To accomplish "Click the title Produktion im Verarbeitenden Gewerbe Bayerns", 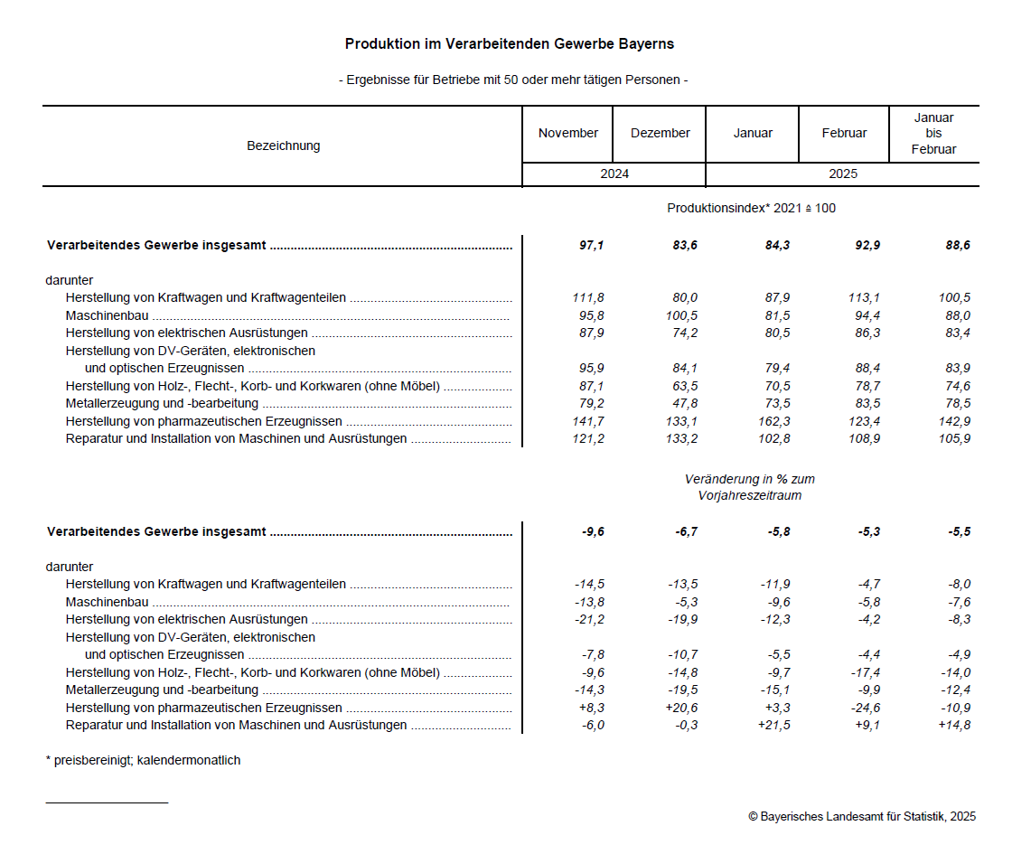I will coord(510,43).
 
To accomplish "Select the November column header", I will coord(567,133).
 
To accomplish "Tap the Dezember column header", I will coord(660,133).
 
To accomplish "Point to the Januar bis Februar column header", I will coord(933,134).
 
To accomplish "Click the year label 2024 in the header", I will coord(614,174).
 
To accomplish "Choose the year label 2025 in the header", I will coord(842,174).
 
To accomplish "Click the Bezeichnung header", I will coord(283,145).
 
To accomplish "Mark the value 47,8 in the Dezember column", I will coord(681,403).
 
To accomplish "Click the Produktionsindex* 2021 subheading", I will coord(751,208).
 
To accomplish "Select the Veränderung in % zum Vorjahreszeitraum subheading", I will coord(749,487).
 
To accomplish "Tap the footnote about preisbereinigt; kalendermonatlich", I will coord(143,760).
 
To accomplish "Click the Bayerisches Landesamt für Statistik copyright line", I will coord(861,816).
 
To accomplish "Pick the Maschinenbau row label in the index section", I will coord(107,315).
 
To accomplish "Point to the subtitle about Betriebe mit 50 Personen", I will coord(513,80).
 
